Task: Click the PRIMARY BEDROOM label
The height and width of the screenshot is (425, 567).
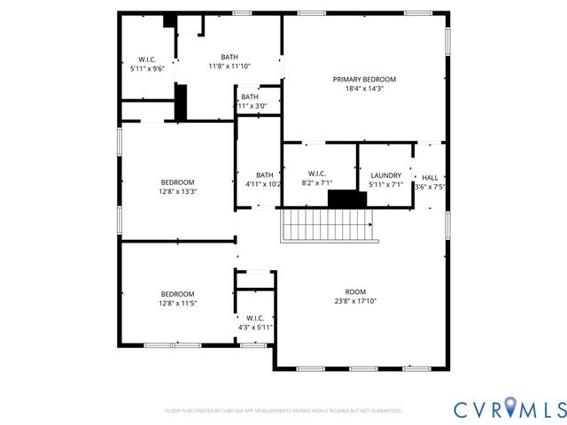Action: [364, 80]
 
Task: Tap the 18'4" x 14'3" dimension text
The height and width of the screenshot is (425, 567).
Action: [364, 89]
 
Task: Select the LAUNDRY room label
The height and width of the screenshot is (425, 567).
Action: [385, 175]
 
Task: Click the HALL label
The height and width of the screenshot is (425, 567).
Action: [430, 177]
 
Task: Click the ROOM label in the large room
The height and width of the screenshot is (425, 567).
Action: [355, 291]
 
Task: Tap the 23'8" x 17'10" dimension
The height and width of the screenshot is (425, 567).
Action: [355, 300]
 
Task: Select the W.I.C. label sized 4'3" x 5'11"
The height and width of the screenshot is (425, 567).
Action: [255, 318]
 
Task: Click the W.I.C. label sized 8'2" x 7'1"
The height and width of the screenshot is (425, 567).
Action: [317, 174]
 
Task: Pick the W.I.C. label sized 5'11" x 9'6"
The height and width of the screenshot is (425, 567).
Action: [147, 59]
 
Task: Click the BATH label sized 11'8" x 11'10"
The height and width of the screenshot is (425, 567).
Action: [229, 57]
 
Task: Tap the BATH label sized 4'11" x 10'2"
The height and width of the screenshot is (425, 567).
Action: [265, 174]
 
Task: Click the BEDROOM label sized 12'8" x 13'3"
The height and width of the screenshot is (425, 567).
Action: [177, 182]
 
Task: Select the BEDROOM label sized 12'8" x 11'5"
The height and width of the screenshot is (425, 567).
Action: [177, 294]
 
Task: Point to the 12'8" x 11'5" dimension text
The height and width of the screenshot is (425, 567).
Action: [177, 303]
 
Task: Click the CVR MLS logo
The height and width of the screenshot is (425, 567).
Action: [509, 408]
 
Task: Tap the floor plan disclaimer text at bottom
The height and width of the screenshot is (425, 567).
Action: [283, 411]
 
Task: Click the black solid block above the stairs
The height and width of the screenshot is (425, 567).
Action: [347, 198]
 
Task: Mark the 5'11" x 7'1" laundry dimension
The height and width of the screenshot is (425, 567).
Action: [385, 185]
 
